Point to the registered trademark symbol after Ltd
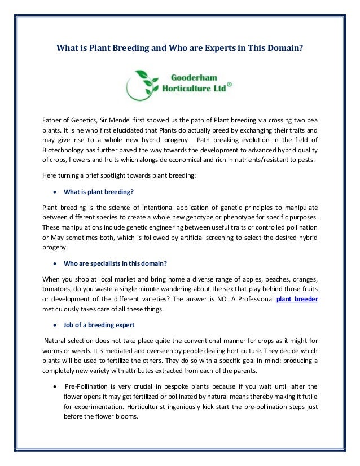point(229,83)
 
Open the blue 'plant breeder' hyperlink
point(297,299)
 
